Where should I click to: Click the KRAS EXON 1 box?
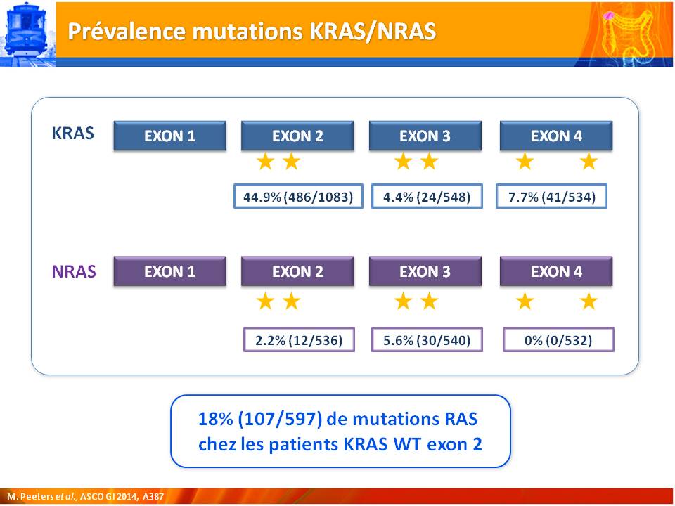[x=169, y=136]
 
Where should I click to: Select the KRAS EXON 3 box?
[x=425, y=136]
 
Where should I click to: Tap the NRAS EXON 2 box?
[x=297, y=271]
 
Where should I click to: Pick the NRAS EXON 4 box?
[x=555, y=271]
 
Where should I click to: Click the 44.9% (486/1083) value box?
[x=298, y=197]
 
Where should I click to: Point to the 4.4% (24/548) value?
[x=427, y=197]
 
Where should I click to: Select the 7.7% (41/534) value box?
[x=551, y=197]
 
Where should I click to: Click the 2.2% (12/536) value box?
[x=300, y=340]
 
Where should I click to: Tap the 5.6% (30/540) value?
[x=427, y=340]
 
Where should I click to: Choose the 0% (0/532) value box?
[x=558, y=340]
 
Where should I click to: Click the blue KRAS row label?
[x=72, y=134]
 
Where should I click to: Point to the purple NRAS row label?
[x=74, y=271]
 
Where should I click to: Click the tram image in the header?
[x=28, y=34]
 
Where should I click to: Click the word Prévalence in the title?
[x=127, y=31]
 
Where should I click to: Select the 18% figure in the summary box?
[x=216, y=419]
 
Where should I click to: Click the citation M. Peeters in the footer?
[x=30, y=497]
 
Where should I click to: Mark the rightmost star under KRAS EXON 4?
[x=589, y=162]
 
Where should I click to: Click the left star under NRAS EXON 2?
[x=265, y=301]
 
